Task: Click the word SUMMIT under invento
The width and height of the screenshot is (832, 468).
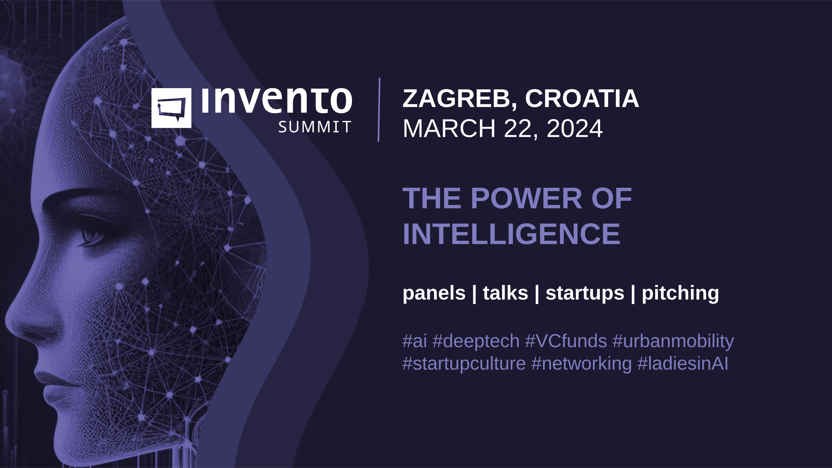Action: click(315, 127)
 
